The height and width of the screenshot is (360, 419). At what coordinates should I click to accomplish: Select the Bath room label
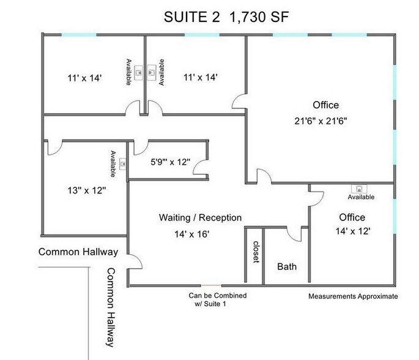pos(286,267)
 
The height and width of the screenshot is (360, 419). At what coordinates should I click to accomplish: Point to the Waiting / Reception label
pos(200,217)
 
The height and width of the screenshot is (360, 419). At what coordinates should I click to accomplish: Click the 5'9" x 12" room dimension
pos(171,163)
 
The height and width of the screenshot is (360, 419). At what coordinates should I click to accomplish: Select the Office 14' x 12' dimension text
pos(352,233)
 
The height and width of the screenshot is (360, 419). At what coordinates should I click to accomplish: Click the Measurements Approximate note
pos(353,296)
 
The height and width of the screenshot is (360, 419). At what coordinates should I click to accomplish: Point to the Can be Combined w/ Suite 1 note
pos(210,299)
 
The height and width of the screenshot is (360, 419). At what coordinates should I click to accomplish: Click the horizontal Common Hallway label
pos(78,252)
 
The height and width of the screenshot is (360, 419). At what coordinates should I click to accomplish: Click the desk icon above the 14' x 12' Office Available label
pos(360,189)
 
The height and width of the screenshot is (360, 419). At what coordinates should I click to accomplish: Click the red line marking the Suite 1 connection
pos(212,285)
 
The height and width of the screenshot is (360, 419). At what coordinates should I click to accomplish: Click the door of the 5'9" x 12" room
pos(141,147)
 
